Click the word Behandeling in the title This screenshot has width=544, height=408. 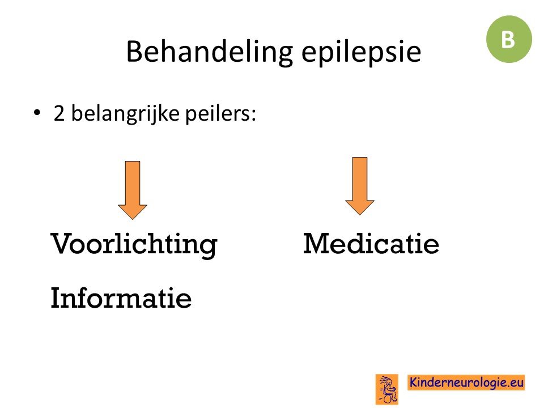pos(210,52)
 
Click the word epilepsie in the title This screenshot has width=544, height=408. pos(361,53)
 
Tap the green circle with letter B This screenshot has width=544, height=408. pos(509,39)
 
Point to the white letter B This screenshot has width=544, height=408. pos(508,40)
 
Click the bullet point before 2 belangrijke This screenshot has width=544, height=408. pos(37,113)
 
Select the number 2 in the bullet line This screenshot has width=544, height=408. pos(59,113)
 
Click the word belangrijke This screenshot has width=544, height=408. pos(125,114)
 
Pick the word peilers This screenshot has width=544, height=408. pos(218,114)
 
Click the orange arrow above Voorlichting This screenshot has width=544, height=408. pos(133,190)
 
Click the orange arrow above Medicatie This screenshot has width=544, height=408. pos(360,186)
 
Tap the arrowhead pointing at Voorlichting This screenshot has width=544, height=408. pos(133,212)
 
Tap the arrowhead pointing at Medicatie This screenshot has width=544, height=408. pos(360,208)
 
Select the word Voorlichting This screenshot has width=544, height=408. pos(134,245)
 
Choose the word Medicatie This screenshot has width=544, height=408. pos(371,243)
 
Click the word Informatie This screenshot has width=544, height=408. pos(121,297)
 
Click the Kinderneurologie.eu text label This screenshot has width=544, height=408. pos(466,382)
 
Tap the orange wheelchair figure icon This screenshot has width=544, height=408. pos(387,389)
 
